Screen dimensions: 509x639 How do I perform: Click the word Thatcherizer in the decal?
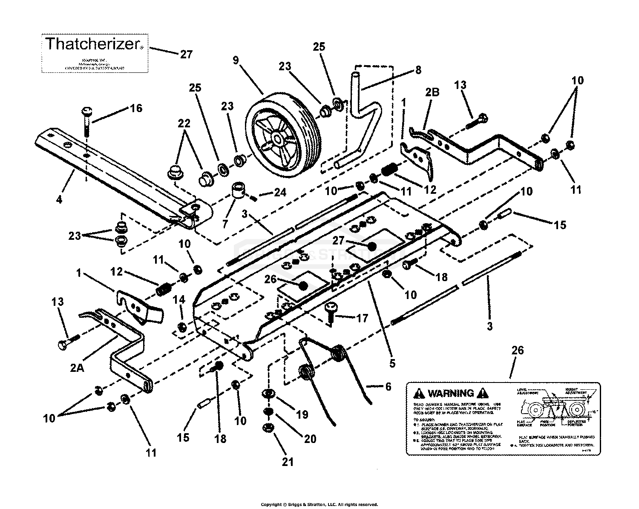92,43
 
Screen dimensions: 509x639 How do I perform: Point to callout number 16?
136,109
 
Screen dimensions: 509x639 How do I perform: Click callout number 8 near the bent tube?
418,69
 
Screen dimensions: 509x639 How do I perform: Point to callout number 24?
279,193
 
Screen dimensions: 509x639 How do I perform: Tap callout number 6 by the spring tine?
388,386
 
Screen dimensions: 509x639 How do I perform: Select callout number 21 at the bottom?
288,461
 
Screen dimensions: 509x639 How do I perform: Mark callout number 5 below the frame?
392,363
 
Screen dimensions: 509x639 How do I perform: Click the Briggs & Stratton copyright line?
319,505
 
